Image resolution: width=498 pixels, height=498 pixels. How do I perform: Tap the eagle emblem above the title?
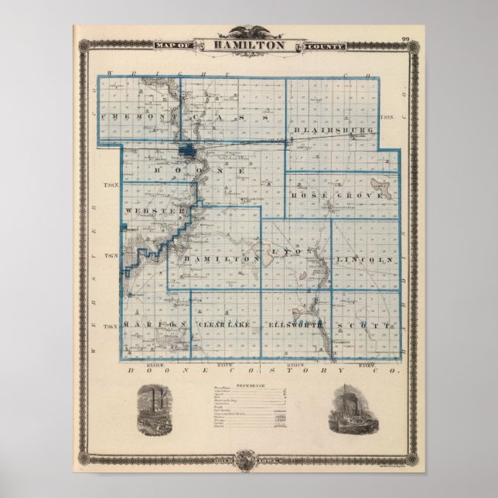249,31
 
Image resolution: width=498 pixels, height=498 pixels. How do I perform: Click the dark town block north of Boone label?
185,150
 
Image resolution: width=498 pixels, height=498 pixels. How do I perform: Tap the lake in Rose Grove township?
380,186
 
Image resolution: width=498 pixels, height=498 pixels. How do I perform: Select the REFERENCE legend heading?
250,384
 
